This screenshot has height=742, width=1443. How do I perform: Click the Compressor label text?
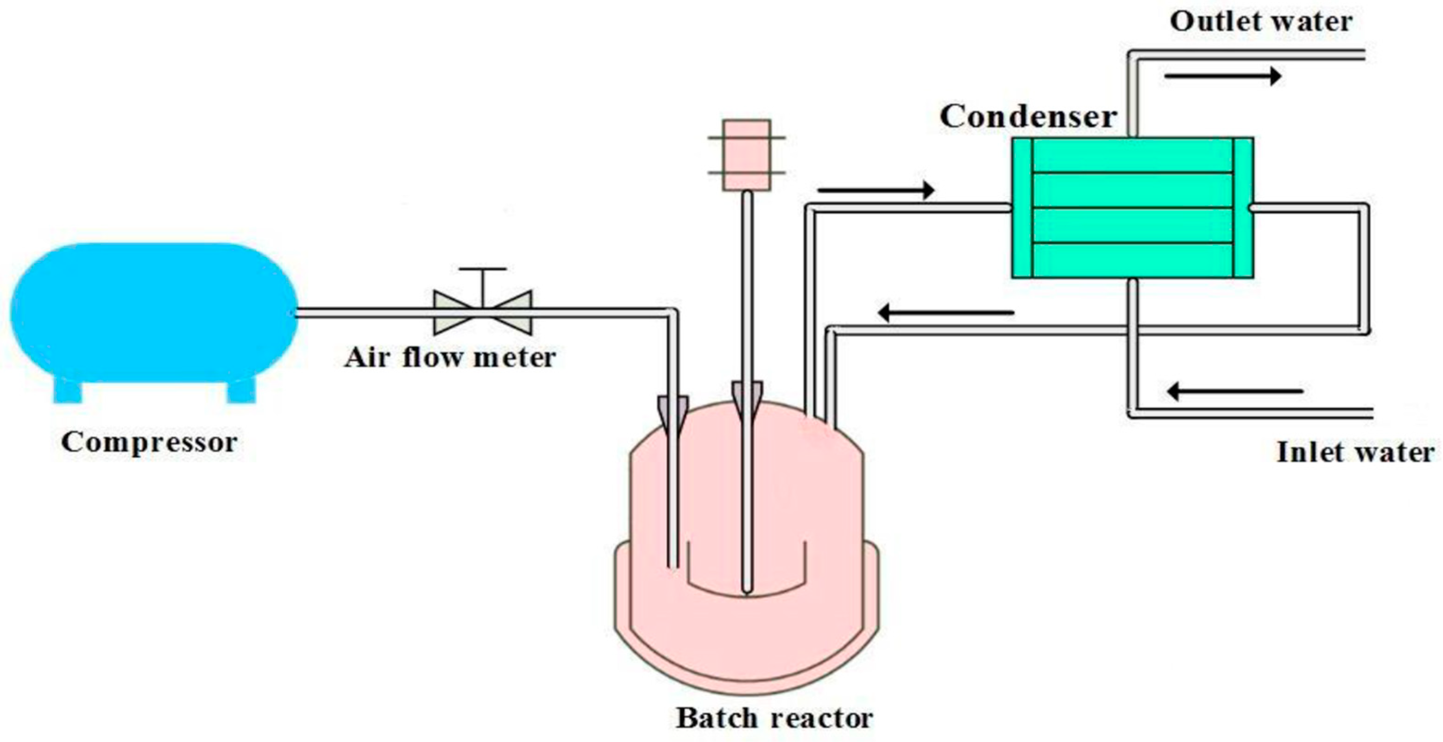(149, 442)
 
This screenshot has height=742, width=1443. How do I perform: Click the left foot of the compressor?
(68, 390)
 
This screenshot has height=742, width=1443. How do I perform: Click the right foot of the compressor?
(241, 390)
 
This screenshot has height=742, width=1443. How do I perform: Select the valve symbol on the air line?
(483, 313)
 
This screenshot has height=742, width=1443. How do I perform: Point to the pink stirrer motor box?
(746, 155)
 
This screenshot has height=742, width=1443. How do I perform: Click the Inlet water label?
(1355, 453)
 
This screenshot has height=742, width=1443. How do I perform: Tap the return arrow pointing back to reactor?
(946, 313)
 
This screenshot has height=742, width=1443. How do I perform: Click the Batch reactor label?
(774, 718)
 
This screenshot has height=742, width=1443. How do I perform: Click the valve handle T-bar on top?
(483, 270)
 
